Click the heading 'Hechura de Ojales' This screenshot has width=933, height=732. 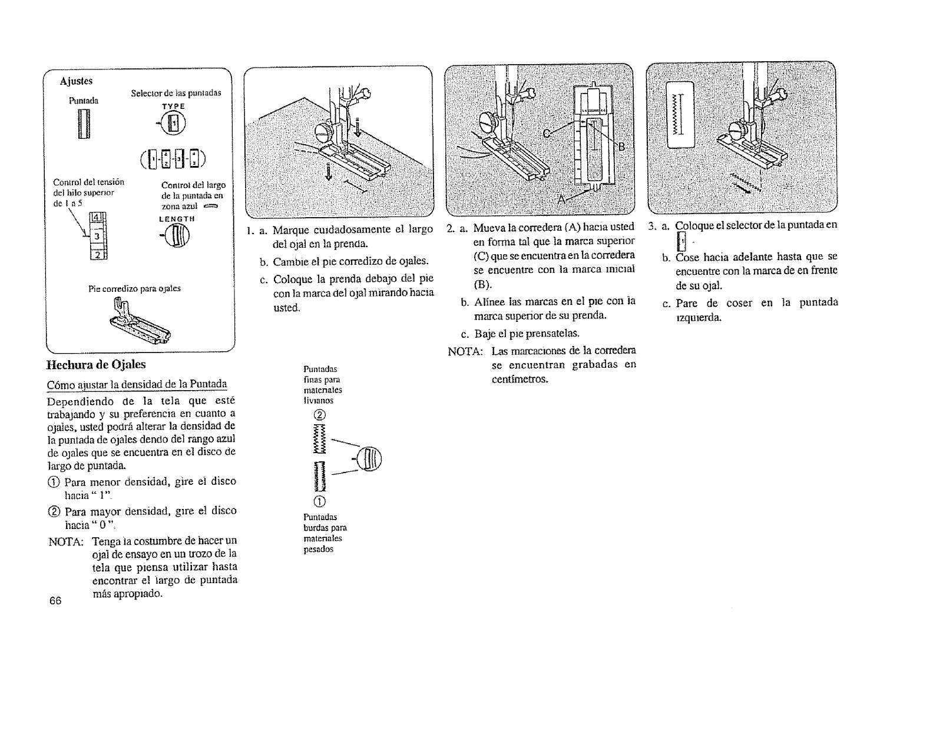(96, 365)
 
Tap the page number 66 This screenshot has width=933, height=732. (56, 600)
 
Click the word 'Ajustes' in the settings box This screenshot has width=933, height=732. (76, 81)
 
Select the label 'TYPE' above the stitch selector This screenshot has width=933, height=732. (174, 107)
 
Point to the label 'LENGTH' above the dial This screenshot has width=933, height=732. (177, 219)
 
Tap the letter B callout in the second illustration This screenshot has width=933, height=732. (620, 146)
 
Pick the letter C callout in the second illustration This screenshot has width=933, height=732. (547, 134)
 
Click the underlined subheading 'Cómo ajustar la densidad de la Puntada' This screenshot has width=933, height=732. (136, 385)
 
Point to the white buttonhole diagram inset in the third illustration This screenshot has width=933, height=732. (680, 115)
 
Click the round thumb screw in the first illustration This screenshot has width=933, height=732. (323, 132)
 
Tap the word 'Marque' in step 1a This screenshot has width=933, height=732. (293, 229)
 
